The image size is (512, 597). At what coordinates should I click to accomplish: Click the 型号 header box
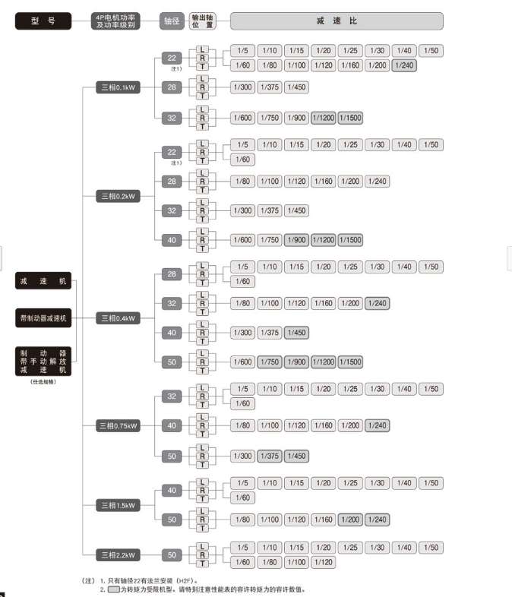click(43, 21)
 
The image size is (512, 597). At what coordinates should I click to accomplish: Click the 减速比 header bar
click(337, 21)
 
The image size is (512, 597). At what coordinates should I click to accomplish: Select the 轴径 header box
click(172, 21)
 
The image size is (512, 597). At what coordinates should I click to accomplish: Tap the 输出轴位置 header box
click(202, 21)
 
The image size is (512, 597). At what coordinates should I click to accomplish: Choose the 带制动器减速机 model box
click(43, 318)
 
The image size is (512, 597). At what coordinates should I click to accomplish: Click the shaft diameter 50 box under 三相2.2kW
click(172, 555)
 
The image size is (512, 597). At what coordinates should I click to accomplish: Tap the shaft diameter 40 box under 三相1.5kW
click(172, 491)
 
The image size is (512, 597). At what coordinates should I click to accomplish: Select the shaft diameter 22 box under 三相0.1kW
click(172, 58)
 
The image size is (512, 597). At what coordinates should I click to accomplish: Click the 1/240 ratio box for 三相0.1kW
click(404, 65)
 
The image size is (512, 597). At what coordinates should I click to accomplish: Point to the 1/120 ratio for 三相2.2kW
click(324, 562)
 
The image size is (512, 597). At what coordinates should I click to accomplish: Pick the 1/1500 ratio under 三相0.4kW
click(350, 362)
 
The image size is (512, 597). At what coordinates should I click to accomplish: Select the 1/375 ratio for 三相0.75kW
click(270, 456)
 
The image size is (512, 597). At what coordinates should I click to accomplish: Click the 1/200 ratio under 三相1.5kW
click(350, 520)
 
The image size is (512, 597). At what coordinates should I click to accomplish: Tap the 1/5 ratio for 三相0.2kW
click(242, 144)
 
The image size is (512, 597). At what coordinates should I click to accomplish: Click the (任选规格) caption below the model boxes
click(43, 381)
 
